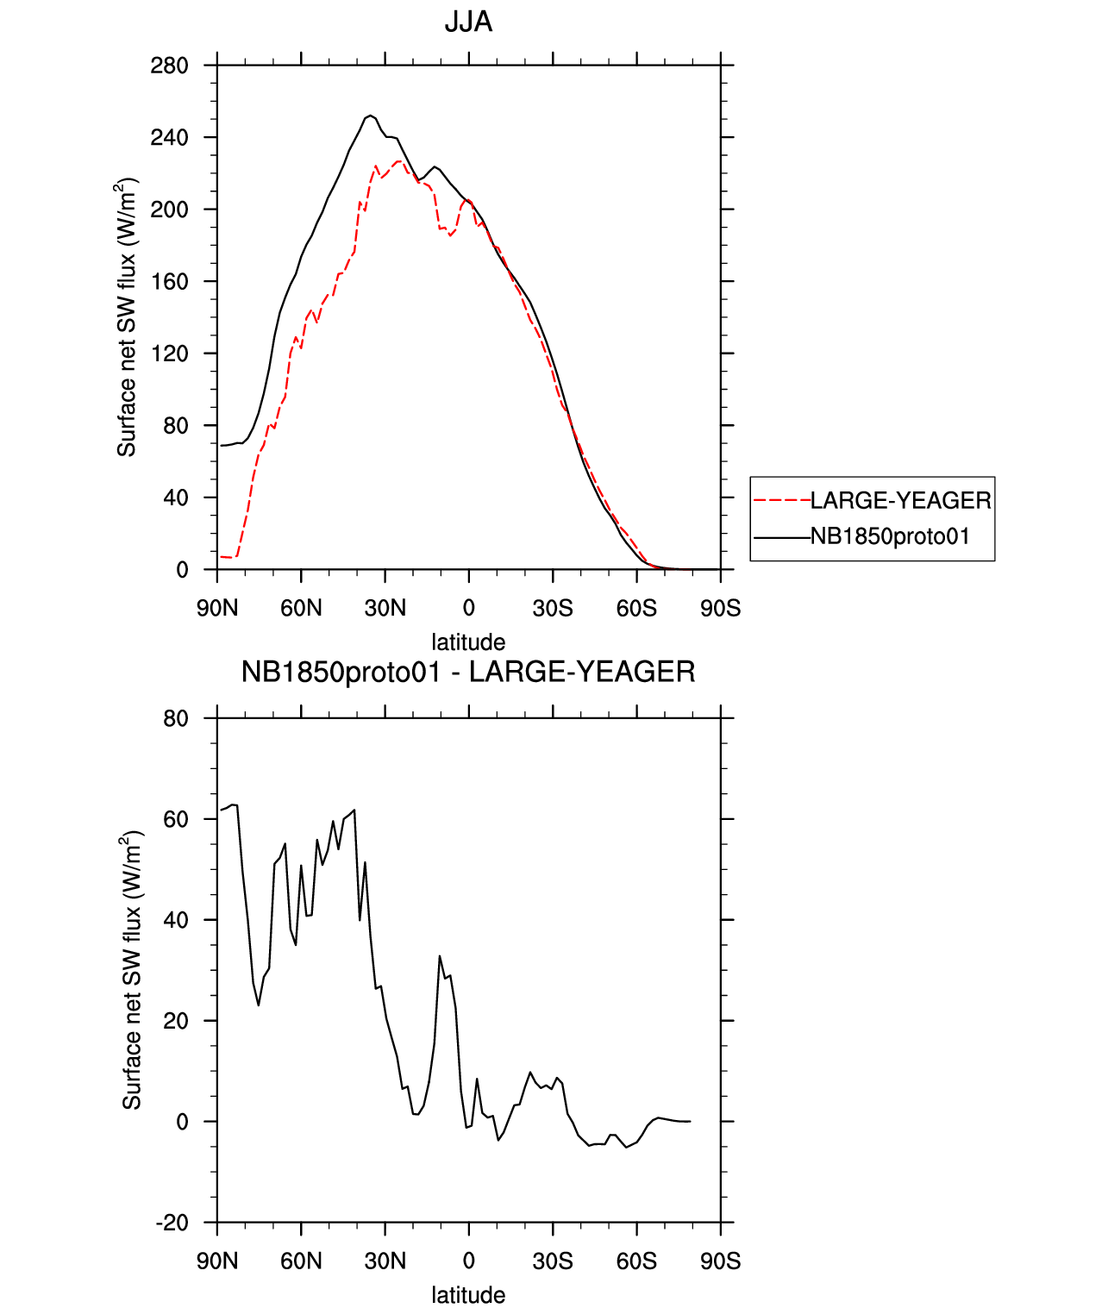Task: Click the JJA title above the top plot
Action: click(x=468, y=22)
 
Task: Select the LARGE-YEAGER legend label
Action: click(x=900, y=500)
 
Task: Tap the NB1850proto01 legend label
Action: click(x=890, y=536)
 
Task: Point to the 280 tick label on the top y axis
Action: click(x=169, y=66)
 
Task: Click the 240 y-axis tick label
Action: click(x=169, y=138)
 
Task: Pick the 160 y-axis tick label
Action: click(x=169, y=282)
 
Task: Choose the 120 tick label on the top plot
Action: click(x=169, y=354)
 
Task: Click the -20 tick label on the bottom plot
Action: click(x=172, y=1223)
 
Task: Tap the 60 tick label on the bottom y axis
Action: click(x=176, y=819)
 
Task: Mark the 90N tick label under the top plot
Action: click(x=217, y=609)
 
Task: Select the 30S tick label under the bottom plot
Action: click(x=553, y=1261)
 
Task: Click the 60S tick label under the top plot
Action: click(x=636, y=609)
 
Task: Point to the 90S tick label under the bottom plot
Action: click(x=720, y=1261)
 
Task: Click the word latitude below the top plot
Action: click(x=468, y=642)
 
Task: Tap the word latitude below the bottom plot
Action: click(x=468, y=1295)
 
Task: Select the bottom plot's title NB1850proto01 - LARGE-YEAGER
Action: click(x=468, y=673)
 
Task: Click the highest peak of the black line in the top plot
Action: click(x=370, y=115)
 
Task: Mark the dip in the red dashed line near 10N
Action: click(x=450, y=235)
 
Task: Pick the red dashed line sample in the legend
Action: click(x=781, y=500)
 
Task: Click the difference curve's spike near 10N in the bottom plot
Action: click(x=440, y=956)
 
